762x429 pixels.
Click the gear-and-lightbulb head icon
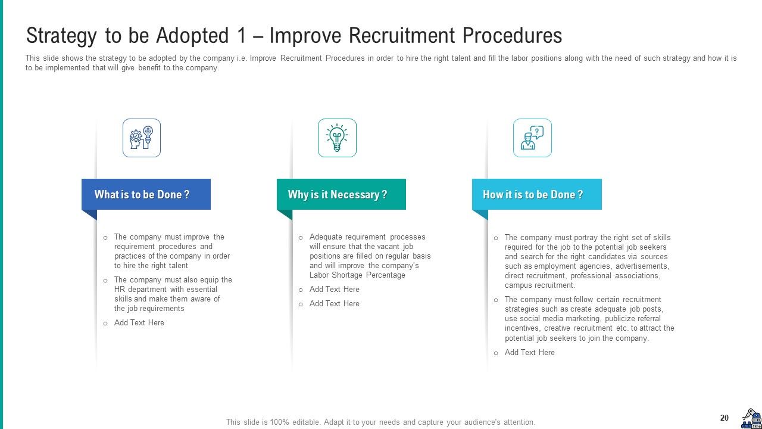(x=142, y=138)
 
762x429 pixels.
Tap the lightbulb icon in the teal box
(x=337, y=138)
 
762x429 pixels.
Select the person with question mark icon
(x=532, y=138)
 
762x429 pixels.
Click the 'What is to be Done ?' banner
(x=146, y=194)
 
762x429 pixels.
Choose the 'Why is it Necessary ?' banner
(x=341, y=194)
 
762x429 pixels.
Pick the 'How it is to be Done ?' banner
(x=536, y=194)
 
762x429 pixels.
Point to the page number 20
(x=724, y=418)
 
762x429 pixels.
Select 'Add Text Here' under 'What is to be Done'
(x=139, y=323)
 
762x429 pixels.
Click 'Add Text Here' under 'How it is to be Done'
(x=529, y=353)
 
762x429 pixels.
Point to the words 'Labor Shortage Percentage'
(x=357, y=275)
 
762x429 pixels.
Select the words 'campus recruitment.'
(x=540, y=285)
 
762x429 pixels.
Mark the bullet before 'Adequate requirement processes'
(x=301, y=238)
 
